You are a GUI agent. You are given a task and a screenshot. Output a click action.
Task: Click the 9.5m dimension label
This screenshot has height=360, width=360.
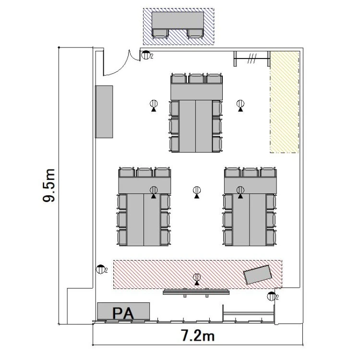(x=49, y=185)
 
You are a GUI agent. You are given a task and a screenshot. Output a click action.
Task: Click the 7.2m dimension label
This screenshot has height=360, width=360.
(x=198, y=336)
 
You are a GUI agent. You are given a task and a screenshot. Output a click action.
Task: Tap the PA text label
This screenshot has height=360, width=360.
(x=123, y=313)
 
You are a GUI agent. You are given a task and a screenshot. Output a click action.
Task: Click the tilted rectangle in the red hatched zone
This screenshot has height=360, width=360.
(x=258, y=275)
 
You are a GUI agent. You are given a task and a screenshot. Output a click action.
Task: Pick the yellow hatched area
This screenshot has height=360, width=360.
(x=285, y=102)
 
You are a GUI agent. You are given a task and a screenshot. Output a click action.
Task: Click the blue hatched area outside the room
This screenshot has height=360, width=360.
(x=179, y=26)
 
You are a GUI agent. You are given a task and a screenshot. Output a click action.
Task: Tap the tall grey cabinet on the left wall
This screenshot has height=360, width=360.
(x=104, y=112)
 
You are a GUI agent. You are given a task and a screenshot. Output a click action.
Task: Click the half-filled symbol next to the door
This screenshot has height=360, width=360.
(x=145, y=55)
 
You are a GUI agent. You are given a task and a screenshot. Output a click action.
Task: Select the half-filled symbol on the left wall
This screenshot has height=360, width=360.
(x=100, y=269)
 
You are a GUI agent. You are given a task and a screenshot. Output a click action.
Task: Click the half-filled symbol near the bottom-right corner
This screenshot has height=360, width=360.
(x=271, y=296)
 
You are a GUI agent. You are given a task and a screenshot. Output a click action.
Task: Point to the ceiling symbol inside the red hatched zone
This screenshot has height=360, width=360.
(x=197, y=279)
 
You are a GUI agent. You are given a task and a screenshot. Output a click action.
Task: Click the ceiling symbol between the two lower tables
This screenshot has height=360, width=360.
(x=197, y=192)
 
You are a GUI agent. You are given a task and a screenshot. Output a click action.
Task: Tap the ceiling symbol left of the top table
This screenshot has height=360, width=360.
(x=154, y=106)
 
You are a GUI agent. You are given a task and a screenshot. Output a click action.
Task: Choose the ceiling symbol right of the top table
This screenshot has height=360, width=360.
(x=240, y=106)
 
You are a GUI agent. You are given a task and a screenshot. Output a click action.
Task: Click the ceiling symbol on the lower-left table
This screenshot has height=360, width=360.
(x=154, y=192)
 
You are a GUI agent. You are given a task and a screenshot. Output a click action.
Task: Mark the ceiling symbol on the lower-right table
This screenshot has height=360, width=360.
(x=240, y=192)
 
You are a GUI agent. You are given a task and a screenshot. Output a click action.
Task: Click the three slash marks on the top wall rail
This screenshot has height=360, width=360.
(x=252, y=59)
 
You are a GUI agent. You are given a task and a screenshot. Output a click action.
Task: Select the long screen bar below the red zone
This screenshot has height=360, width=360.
(x=196, y=292)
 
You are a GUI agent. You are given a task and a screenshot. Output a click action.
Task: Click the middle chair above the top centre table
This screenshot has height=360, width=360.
(x=196, y=79)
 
